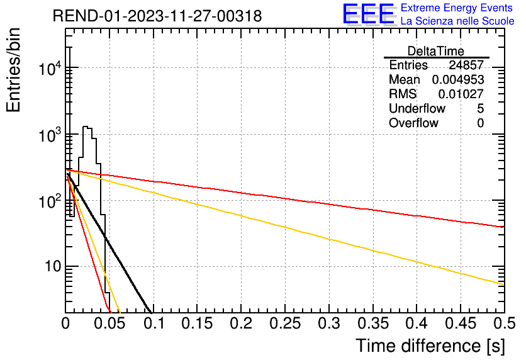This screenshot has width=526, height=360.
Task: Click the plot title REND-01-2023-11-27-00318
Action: pyautogui.click(x=157, y=16)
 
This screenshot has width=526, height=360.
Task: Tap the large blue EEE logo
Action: pyautogui.click(x=368, y=14)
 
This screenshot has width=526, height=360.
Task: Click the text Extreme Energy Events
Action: pyautogui.click(x=457, y=8)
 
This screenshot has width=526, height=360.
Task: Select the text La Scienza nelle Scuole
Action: pyautogui.click(x=457, y=21)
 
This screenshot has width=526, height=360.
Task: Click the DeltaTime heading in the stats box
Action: pyautogui.click(x=436, y=51)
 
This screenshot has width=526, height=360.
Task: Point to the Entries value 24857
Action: pyautogui.click(x=466, y=65)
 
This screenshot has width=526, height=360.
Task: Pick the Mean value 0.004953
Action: pyautogui.click(x=458, y=79)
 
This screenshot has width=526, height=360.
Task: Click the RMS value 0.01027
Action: pyautogui.click(x=461, y=94)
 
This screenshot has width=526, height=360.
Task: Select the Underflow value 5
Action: pyautogui.click(x=480, y=108)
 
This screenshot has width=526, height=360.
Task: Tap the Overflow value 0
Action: pyautogui.click(x=480, y=123)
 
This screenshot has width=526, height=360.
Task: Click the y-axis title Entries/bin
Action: pyautogui.click(x=13, y=70)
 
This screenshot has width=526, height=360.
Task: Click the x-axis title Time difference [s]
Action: pyautogui.click(x=430, y=346)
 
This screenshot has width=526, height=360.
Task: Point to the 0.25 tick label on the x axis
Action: pyautogui.click(x=285, y=323)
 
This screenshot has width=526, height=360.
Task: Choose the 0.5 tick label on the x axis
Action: pyautogui.click(x=504, y=323)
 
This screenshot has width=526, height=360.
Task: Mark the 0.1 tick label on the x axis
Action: pyautogui.click(x=154, y=323)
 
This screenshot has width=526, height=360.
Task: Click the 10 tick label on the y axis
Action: pyautogui.click(x=53, y=266)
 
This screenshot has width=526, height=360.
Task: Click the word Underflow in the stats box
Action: pyautogui.click(x=417, y=108)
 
